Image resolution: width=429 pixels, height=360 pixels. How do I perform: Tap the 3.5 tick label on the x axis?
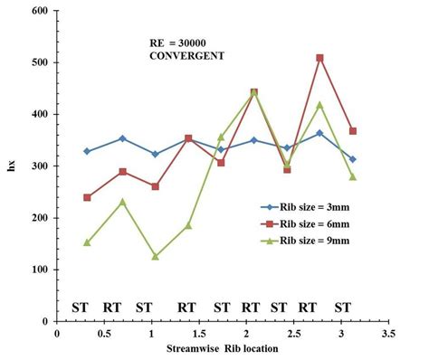[387, 334]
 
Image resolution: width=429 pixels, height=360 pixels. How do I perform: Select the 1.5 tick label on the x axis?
[198, 334]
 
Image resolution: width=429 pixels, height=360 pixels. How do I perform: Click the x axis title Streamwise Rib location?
[223, 348]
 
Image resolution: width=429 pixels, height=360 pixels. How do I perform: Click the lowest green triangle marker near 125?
[156, 256]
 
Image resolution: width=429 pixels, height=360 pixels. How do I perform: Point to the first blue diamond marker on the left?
[87, 151]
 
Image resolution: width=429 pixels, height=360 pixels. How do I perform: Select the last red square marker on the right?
[353, 131]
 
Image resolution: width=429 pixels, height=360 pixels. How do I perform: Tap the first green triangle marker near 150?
[87, 242]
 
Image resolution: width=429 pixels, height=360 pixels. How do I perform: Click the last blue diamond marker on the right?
[353, 159]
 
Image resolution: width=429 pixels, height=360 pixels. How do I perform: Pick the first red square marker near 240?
[87, 197]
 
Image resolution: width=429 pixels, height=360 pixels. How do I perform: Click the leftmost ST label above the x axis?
[81, 308]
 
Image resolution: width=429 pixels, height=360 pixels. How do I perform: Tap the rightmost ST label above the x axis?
[342, 308]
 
